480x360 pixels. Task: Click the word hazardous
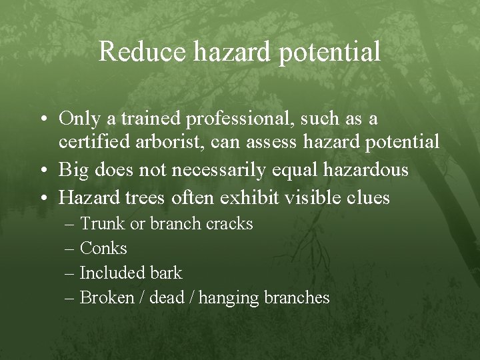(361, 170)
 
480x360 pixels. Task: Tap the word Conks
(103, 249)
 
